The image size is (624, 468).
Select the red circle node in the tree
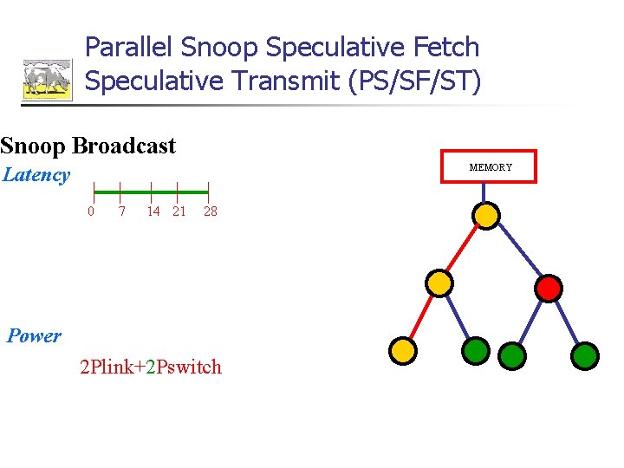[549, 288]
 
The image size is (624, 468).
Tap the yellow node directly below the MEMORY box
[487, 214]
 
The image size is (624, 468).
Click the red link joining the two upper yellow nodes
[464, 248]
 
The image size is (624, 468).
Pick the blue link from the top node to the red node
[518, 251]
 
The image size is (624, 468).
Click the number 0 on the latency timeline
[91, 211]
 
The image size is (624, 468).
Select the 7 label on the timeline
[122, 211]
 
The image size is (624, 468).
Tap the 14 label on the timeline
[153, 211]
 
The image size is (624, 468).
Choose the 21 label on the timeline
[179, 211]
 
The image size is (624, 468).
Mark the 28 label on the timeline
[210, 211]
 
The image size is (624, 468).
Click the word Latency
[36, 175]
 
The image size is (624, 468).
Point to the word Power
[34, 336]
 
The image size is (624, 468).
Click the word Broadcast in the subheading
[125, 146]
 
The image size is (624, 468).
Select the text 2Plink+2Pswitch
[151, 367]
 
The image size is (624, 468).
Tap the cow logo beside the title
[47, 80]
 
